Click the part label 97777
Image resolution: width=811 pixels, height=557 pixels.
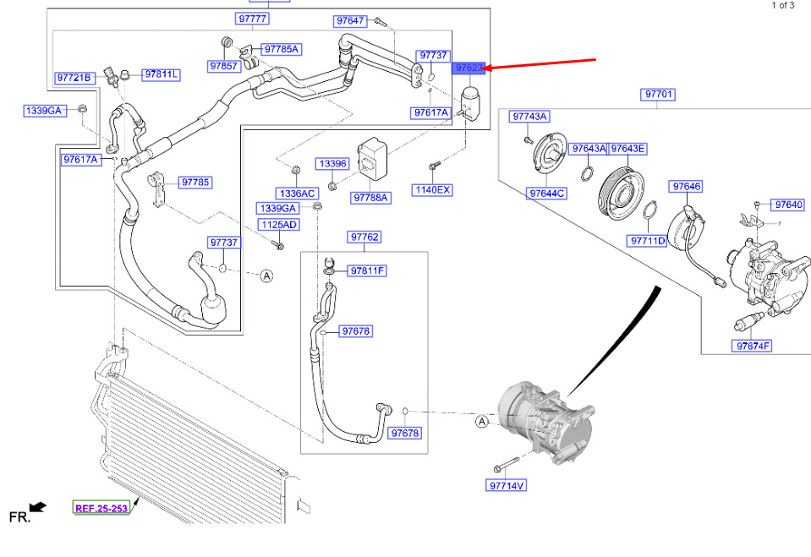click(x=252, y=19)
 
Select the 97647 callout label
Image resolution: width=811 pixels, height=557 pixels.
click(x=351, y=20)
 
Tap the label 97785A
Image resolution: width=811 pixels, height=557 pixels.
click(x=282, y=49)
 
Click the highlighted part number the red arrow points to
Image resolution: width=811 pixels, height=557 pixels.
click(x=469, y=68)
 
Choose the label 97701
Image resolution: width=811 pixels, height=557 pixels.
click(x=658, y=95)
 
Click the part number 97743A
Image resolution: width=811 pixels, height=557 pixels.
click(x=530, y=116)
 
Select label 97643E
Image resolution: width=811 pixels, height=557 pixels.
click(x=628, y=149)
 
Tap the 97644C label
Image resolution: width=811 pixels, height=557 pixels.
click(x=547, y=194)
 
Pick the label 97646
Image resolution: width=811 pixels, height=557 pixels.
click(x=687, y=186)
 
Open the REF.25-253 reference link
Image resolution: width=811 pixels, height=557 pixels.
click(x=101, y=508)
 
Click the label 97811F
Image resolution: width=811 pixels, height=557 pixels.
click(x=368, y=270)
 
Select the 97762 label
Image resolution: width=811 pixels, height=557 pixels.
click(x=364, y=238)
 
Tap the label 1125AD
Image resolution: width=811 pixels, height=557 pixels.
click(x=278, y=225)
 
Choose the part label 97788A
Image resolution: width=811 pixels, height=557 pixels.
click(x=371, y=198)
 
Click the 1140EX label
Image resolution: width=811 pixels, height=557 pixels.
click(x=433, y=190)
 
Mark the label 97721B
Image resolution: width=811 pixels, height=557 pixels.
click(x=74, y=78)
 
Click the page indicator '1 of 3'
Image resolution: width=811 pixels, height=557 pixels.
click(x=782, y=5)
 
